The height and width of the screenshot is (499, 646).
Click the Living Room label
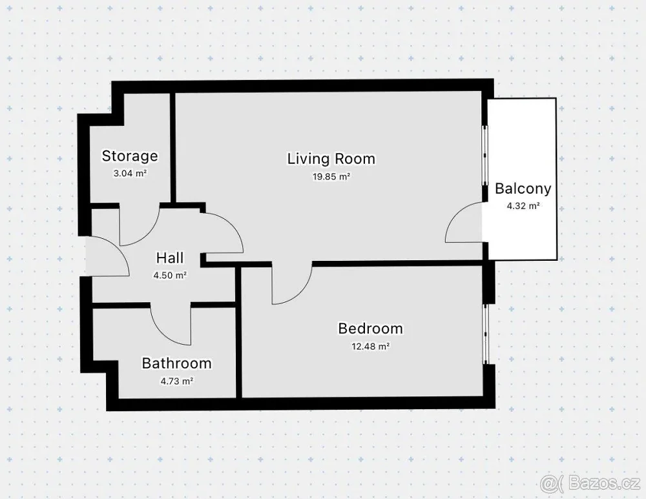point(331,159)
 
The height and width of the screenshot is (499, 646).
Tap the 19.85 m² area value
point(331,177)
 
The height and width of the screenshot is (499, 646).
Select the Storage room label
point(130,156)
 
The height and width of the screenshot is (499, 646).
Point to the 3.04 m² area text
point(130,174)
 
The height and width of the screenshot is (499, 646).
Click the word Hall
point(170,258)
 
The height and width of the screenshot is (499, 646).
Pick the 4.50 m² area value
point(170,276)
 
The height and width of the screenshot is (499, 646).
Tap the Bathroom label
point(177,363)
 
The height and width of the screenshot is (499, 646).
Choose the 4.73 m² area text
point(177,382)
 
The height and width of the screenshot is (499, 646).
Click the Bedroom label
point(370,329)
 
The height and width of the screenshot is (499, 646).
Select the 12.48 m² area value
point(370,347)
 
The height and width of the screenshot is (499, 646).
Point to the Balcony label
point(523,188)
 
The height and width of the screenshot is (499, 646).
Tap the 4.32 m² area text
point(523,206)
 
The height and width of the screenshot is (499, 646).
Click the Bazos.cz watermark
point(591,482)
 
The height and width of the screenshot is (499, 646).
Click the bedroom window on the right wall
point(485,334)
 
